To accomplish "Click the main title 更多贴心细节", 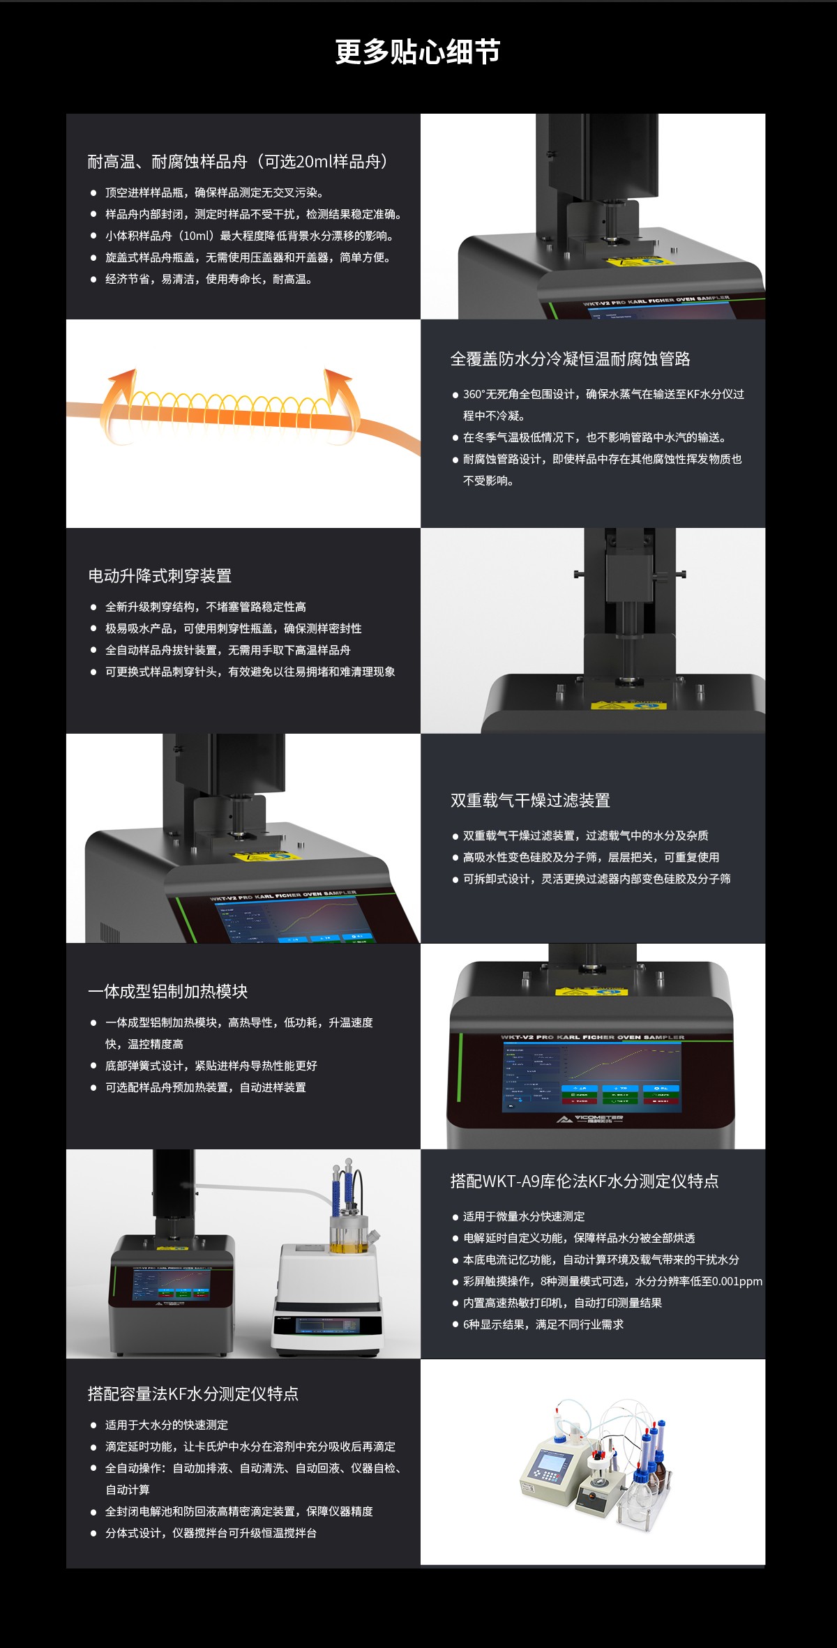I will [417, 52].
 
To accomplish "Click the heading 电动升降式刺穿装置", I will [160, 576].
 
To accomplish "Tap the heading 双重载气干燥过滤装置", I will [530, 801].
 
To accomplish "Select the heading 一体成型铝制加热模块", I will [167, 992].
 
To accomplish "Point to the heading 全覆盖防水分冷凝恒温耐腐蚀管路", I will [570, 359].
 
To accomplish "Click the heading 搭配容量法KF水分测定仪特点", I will [193, 1394].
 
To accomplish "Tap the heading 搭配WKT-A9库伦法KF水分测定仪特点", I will [584, 1181].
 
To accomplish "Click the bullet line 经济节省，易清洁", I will [208, 280].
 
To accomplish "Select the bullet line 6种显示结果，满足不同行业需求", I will [543, 1324].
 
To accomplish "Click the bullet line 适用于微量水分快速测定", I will [523, 1216].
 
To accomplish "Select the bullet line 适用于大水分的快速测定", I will [166, 1425].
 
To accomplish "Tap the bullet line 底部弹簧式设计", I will [211, 1066].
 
